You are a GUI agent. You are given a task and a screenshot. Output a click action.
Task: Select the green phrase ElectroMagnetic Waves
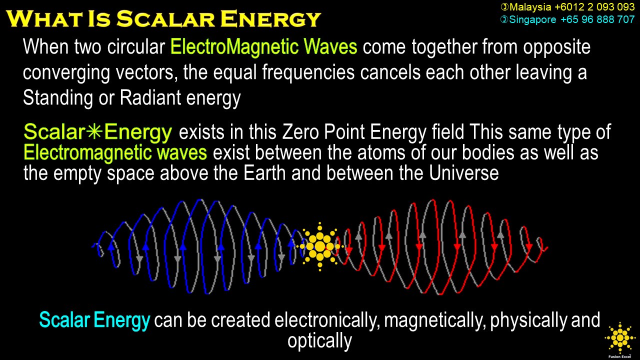(263, 47)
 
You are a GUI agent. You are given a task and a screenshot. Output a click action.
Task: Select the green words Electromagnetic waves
(115, 152)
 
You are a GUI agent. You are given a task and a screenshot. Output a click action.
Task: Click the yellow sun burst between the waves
(319, 246)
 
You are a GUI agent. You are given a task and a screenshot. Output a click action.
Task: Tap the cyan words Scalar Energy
(94, 319)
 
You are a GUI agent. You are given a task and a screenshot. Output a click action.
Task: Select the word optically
(319, 340)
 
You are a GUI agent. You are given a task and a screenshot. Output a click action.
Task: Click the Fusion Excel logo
(620, 340)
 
